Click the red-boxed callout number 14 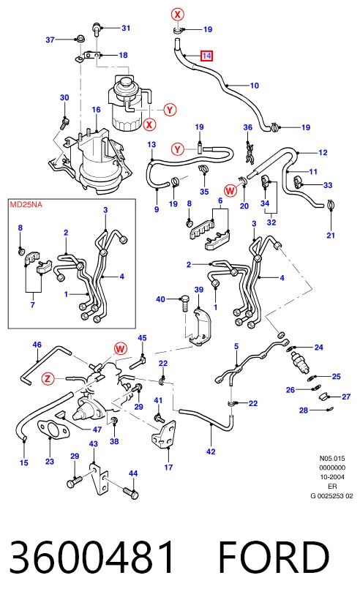(206, 56)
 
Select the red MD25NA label (26, 204)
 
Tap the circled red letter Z (48, 378)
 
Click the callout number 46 (37, 345)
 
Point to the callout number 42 (211, 451)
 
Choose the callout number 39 (198, 290)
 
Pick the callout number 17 (168, 468)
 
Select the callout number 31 (126, 28)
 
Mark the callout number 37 (50, 40)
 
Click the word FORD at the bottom (274, 558)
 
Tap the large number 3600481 (91, 558)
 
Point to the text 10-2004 (332, 477)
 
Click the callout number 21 (331, 235)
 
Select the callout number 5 (236, 346)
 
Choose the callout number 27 (346, 397)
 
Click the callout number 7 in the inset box (33, 305)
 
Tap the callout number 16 (96, 110)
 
